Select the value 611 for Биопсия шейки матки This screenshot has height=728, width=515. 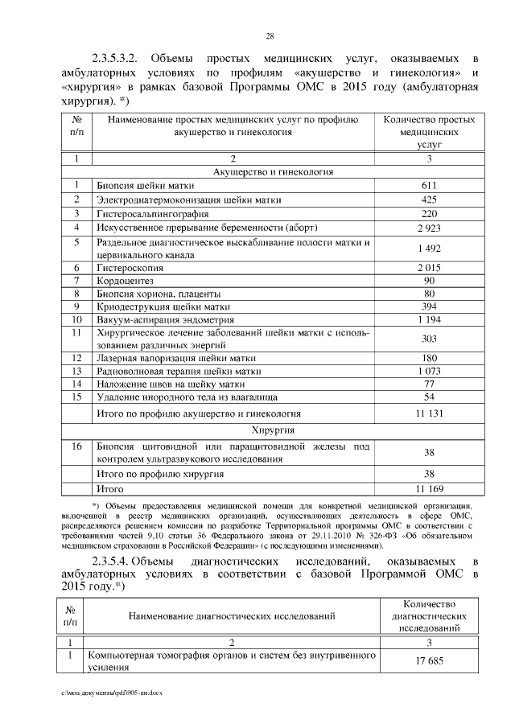[429, 186]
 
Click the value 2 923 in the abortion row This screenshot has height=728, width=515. [429, 228]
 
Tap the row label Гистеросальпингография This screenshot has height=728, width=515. [152, 215]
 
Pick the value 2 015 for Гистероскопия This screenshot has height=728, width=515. [429, 267]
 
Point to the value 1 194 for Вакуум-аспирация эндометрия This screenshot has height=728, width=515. [429, 319]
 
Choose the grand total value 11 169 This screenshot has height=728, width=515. [429, 488]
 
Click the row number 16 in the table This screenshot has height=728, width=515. [76, 446]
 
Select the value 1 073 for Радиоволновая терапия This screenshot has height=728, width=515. [429, 372]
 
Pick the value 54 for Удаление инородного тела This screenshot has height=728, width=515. [429, 397]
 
